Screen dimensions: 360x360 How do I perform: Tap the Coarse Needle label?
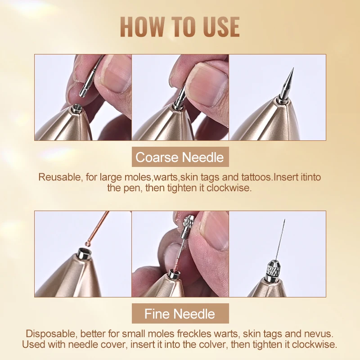(180, 157)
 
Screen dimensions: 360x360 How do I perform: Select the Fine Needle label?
(180, 313)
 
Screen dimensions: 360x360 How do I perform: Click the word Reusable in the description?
(57, 177)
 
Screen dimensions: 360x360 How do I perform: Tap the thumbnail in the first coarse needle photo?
(114, 74)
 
